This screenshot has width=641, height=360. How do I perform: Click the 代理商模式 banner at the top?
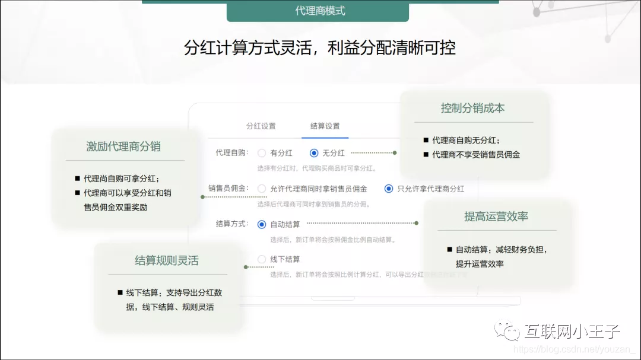(x=320, y=11)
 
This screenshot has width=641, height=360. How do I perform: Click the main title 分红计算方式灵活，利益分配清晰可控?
(x=320, y=48)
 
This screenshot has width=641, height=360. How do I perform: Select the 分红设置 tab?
(x=261, y=126)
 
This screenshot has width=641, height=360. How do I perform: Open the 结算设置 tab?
(x=325, y=126)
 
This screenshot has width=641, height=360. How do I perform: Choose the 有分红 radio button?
(x=262, y=153)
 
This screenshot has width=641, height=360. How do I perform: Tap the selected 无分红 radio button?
(x=314, y=153)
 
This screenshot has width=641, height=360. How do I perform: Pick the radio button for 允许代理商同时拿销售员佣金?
(x=262, y=189)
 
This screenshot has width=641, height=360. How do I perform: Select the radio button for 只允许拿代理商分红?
(x=389, y=189)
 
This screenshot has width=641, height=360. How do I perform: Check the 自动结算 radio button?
(x=262, y=224)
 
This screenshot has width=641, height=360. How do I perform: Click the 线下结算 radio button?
(x=262, y=259)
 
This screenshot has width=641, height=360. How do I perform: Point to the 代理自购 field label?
(x=232, y=153)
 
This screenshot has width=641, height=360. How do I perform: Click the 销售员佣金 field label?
(x=229, y=189)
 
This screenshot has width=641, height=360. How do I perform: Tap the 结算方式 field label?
(x=232, y=224)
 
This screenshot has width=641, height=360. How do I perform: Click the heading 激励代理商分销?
(x=123, y=146)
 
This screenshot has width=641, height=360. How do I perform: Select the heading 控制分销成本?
(x=472, y=109)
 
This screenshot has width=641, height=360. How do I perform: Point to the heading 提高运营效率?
(x=496, y=216)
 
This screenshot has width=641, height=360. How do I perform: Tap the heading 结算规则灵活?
(x=167, y=260)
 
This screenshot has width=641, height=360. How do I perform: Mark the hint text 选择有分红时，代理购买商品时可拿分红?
(x=316, y=168)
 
